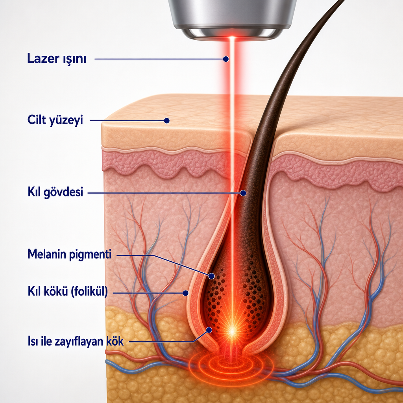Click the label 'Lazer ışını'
pos(57,59)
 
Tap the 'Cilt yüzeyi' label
pos(55,120)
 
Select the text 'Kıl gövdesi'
pos(55,192)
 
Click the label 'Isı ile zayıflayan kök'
pos(76,342)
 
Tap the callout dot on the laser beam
pos(226,59)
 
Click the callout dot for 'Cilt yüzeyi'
pos(166,120)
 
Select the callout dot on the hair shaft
pos(243,193)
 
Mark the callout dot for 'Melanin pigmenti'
pos(211,276)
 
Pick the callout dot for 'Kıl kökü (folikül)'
pos(185,293)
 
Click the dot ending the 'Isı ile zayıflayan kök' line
pos(209,330)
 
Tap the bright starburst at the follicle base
pos(232,331)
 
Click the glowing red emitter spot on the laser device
pos(232,38)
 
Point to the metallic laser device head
pos(232,19)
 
